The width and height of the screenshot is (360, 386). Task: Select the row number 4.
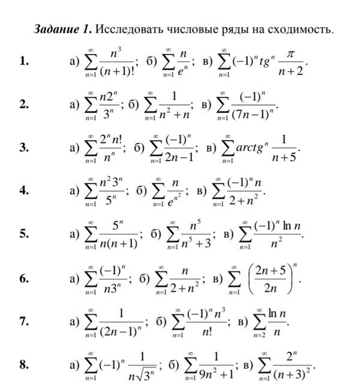pyautogui.click(x=23, y=191)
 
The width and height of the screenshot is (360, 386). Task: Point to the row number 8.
pyautogui.click(x=23, y=365)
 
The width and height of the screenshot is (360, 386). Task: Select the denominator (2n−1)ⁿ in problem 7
pyautogui.click(x=120, y=331)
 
